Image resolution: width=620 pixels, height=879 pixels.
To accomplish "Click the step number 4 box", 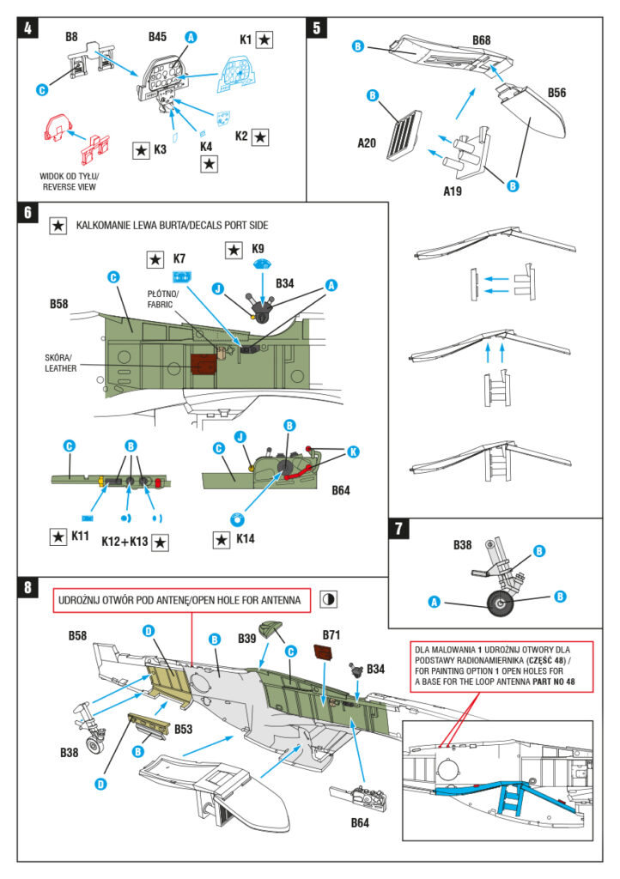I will pos(29,28).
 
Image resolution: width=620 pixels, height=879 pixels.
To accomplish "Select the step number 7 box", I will pos(399,529).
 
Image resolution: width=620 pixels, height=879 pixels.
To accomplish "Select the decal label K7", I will pos(179,258).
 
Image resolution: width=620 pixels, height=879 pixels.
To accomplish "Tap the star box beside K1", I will pos(264,39).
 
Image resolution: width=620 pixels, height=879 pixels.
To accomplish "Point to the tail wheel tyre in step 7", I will pos(500,606).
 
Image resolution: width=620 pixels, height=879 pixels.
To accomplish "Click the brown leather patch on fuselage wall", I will pos(204,364).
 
